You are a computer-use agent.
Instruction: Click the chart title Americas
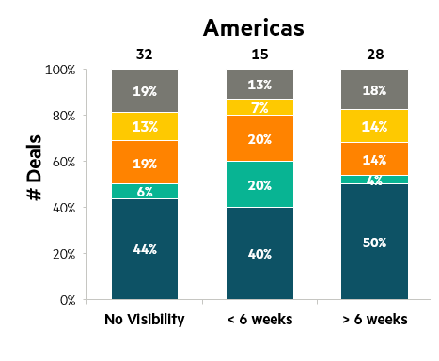pyautogui.click(x=254, y=27)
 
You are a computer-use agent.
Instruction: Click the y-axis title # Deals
pyautogui.click(x=34, y=167)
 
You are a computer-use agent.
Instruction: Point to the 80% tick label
pyautogui.click(x=64, y=116)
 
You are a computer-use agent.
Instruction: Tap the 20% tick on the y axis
pyautogui.click(x=64, y=254)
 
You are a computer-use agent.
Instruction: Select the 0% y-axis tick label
pyautogui.click(x=68, y=300)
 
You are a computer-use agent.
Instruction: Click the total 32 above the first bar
pyautogui.click(x=145, y=55)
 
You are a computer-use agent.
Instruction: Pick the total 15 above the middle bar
pyautogui.click(x=259, y=55)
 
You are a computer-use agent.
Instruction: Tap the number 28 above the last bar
pyautogui.click(x=375, y=55)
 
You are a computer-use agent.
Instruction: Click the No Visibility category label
pyautogui.click(x=145, y=320)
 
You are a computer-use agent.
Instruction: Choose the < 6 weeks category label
pyautogui.click(x=260, y=320)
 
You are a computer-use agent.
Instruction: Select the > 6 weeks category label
pyautogui.click(x=375, y=320)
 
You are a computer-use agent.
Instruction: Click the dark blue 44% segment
pyautogui.click(x=145, y=249)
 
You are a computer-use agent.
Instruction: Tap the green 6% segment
pyautogui.click(x=145, y=192)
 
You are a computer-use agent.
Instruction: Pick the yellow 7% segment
pyautogui.click(x=260, y=107)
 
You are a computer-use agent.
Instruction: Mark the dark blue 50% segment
pyautogui.click(x=375, y=242)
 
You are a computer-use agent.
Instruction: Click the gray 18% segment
pyautogui.click(x=375, y=89)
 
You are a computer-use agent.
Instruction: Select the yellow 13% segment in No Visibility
pyautogui.click(x=145, y=127)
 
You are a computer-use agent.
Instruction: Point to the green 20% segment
pyautogui.click(x=260, y=184)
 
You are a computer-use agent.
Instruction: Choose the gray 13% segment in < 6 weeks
pyautogui.click(x=260, y=85)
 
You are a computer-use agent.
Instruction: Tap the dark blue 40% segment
pyautogui.click(x=260, y=253)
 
